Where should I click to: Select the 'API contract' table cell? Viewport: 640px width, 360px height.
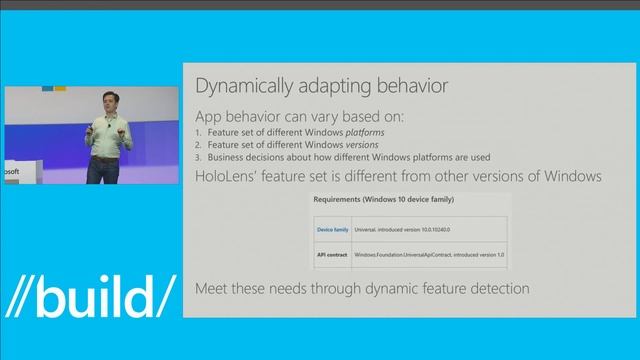point(332,256)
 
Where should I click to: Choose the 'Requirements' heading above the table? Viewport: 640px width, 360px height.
point(347,200)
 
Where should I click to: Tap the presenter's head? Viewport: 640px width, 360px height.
point(107,107)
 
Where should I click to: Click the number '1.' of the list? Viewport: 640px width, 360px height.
point(199,132)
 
